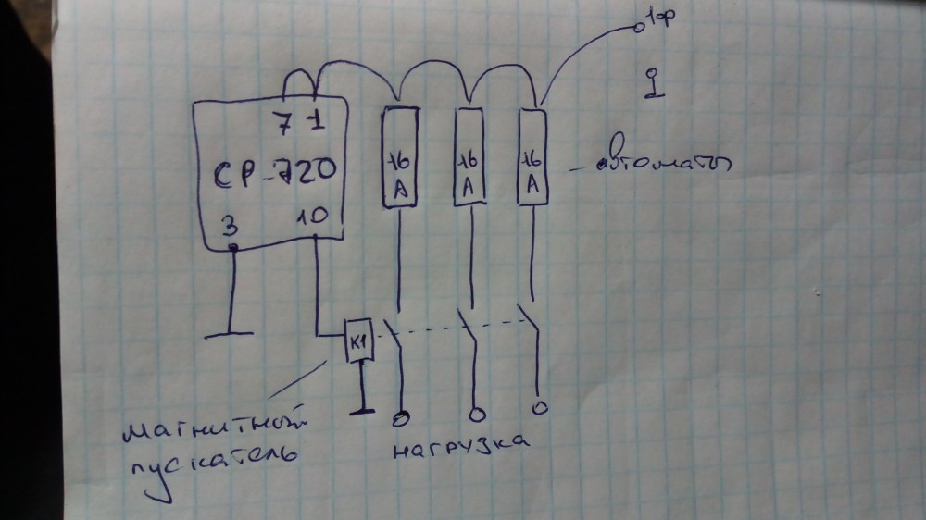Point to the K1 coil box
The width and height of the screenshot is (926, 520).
tap(357, 343)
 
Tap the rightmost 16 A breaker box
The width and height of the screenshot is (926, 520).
tap(532, 157)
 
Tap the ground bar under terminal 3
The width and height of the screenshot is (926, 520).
tap(228, 333)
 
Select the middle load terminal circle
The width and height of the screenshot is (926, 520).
tap(477, 413)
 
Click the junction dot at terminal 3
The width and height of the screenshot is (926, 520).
tap(233, 248)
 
